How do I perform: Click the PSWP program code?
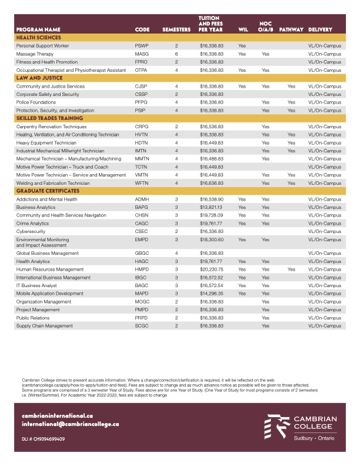(142, 45)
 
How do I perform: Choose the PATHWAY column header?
(291, 29)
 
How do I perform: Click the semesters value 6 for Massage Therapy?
(176, 54)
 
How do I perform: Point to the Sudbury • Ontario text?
(316, 438)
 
